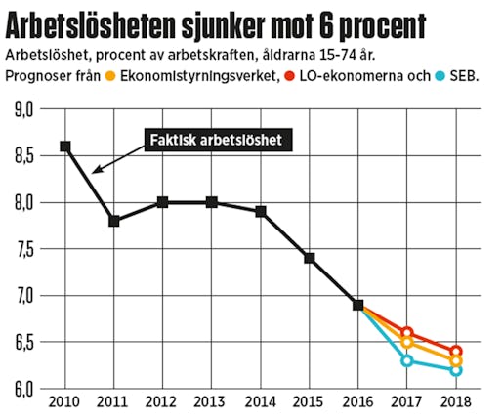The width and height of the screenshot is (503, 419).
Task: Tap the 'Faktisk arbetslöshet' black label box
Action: click(215, 141)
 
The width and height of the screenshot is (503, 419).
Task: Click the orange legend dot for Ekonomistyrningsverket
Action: click(111, 76)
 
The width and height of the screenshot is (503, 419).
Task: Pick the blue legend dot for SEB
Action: click(440, 76)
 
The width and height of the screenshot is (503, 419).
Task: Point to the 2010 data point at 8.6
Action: click(65, 147)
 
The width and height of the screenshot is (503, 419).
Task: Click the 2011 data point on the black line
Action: click(114, 221)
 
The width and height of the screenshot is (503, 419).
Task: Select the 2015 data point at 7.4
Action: click(310, 258)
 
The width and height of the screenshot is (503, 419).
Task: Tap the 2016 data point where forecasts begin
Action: click(358, 305)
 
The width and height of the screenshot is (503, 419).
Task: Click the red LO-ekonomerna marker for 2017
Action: click(407, 333)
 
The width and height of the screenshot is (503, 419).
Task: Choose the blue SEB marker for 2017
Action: click(407, 360)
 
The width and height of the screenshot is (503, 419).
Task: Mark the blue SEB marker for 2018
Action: click(456, 370)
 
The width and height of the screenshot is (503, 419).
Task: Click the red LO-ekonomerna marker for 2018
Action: click(456, 352)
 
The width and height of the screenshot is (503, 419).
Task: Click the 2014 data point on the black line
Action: click(261, 211)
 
